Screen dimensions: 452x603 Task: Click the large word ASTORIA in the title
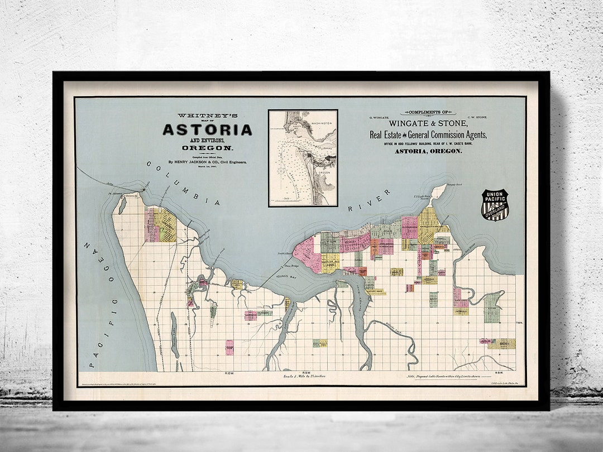point(207,130)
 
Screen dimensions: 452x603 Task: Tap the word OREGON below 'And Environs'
point(207,148)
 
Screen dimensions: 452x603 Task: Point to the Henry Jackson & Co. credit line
point(207,162)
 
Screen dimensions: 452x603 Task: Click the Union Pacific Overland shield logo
point(495,205)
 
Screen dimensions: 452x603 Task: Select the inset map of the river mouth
point(303,157)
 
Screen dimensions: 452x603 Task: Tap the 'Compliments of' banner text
point(428,112)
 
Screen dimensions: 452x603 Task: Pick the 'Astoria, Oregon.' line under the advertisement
point(428,151)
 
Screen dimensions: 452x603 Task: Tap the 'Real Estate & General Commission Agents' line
point(428,135)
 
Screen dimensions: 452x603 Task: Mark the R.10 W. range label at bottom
point(229,373)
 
